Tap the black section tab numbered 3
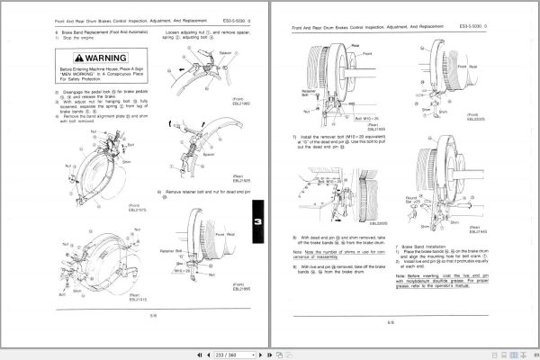click(x=259, y=225)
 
